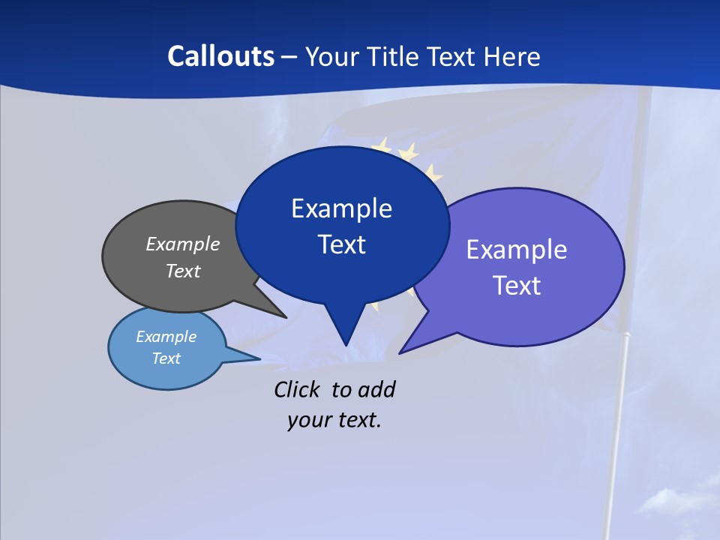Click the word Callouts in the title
click(x=221, y=56)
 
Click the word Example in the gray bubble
click(x=183, y=244)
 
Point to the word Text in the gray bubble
click(x=183, y=271)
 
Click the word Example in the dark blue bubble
click(x=341, y=208)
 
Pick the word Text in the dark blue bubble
click(x=342, y=244)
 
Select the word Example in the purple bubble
click(x=517, y=250)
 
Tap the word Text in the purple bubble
click(x=517, y=286)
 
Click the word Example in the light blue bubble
click(x=166, y=337)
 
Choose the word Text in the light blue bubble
click(x=166, y=358)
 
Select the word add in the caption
click(x=377, y=389)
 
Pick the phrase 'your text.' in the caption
click(x=334, y=420)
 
